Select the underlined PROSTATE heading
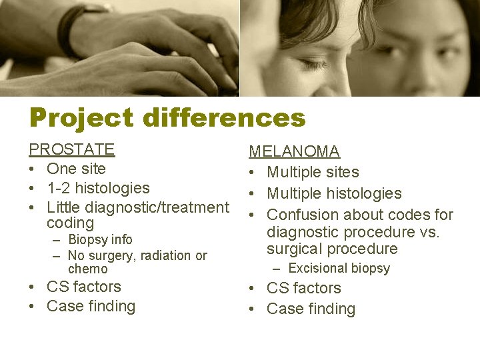(x=71, y=149)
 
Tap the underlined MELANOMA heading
(x=294, y=152)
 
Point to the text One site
(x=76, y=169)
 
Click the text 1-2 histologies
(x=98, y=188)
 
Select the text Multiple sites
(x=313, y=172)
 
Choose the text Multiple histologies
(x=334, y=193)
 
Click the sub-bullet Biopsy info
(x=100, y=239)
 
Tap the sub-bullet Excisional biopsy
(x=339, y=269)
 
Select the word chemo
(x=87, y=269)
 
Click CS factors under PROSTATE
(x=83, y=287)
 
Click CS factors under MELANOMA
(x=303, y=288)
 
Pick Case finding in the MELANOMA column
(x=311, y=309)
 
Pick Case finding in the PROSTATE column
(x=91, y=306)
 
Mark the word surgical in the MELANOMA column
(x=293, y=249)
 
